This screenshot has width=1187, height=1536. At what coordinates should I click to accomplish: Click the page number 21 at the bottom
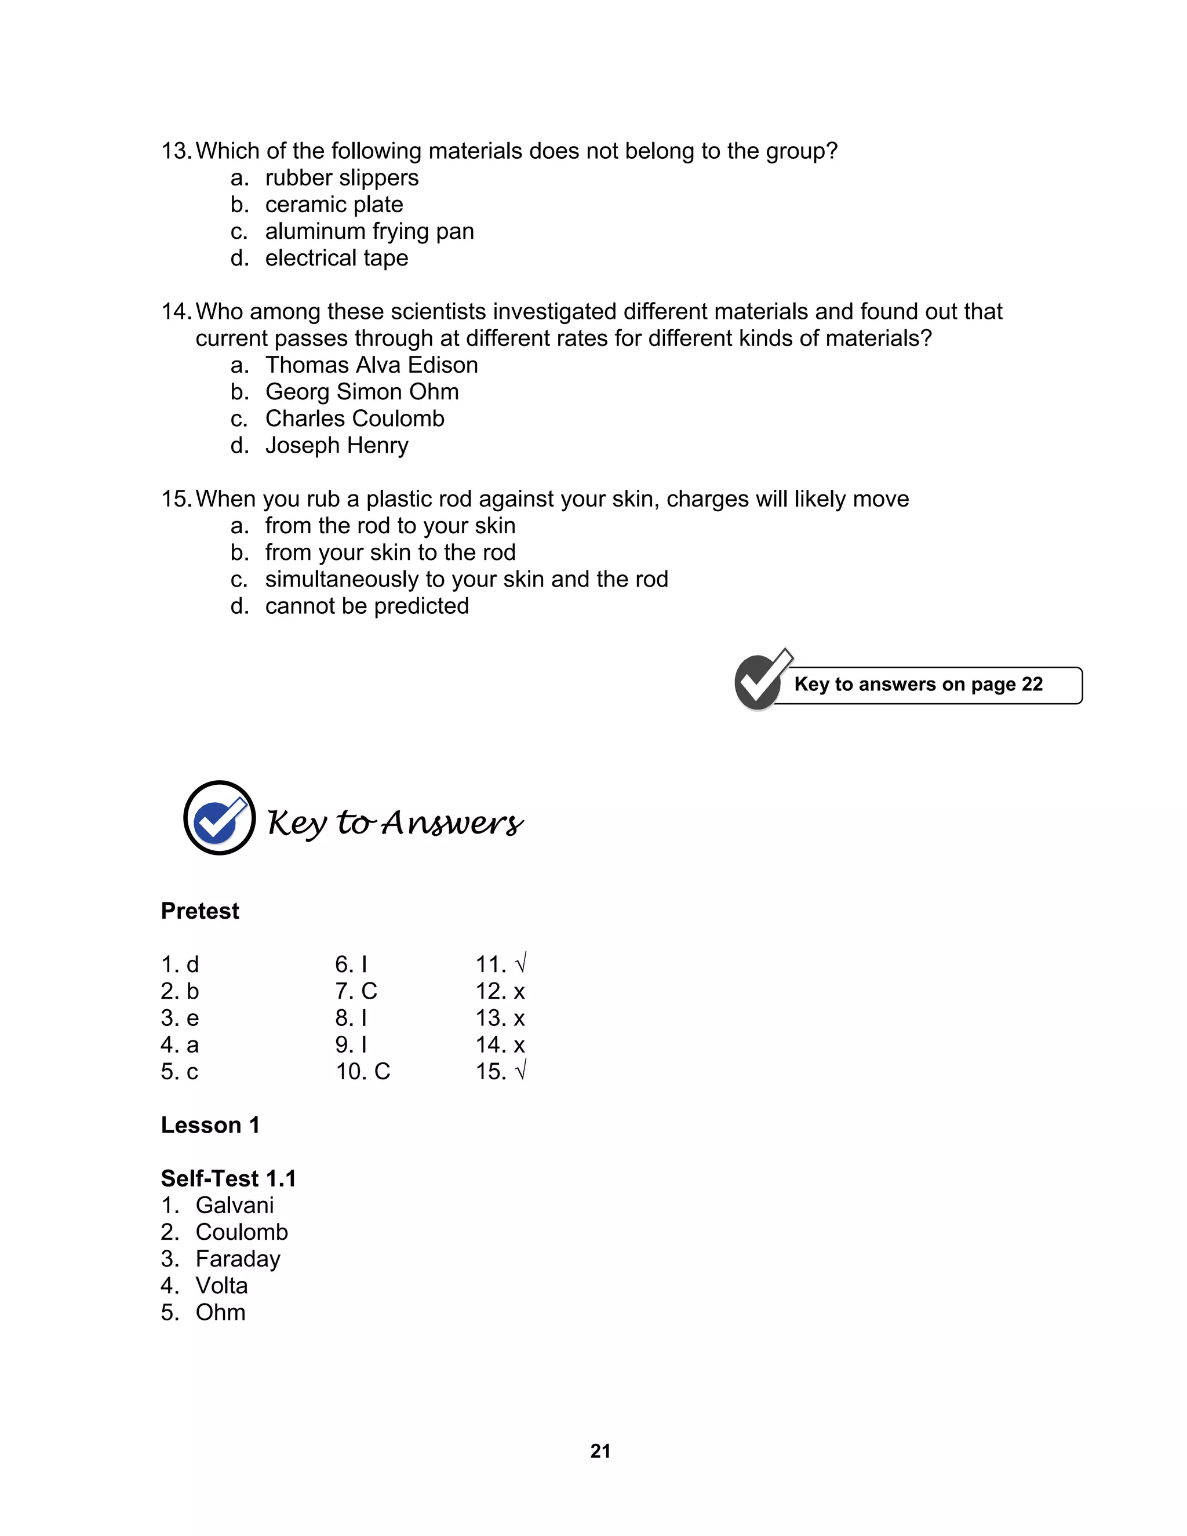click(x=600, y=1450)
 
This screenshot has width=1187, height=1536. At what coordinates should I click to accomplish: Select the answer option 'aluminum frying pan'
click(x=369, y=231)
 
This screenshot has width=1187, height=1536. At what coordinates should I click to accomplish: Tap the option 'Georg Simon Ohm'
click(x=362, y=392)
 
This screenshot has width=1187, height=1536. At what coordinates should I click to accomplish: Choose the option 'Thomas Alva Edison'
click(x=372, y=365)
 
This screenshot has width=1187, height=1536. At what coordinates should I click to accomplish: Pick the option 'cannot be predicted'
click(x=366, y=606)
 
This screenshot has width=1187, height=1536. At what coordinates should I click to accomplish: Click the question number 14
click(x=176, y=312)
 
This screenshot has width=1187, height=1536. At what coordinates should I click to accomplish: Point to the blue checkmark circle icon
click(x=220, y=818)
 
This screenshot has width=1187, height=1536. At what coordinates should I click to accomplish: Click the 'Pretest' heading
click(x=200, y=911)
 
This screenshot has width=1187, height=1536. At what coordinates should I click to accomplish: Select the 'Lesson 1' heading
click(x=210, y=1124)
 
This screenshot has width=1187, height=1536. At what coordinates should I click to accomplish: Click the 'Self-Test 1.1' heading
click(x=228, y=1178)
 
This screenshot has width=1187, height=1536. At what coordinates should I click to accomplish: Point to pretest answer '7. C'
click(x=356, y=991)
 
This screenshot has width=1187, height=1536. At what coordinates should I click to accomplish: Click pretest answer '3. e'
click(x=180, y=1018)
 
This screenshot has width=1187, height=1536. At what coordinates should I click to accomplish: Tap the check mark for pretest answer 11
click(x=520, y=963)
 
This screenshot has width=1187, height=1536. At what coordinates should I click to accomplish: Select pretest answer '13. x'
click(x=500, y=1018)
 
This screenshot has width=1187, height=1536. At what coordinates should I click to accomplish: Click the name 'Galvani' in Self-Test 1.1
click(x=234, y=1205)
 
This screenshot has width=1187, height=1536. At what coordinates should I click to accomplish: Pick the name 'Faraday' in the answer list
click(x=238, y=1258)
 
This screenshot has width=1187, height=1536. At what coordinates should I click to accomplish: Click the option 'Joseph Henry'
click(x=336, y=445)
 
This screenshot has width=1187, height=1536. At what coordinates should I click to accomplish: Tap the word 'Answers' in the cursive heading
click(x=452, y=823)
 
